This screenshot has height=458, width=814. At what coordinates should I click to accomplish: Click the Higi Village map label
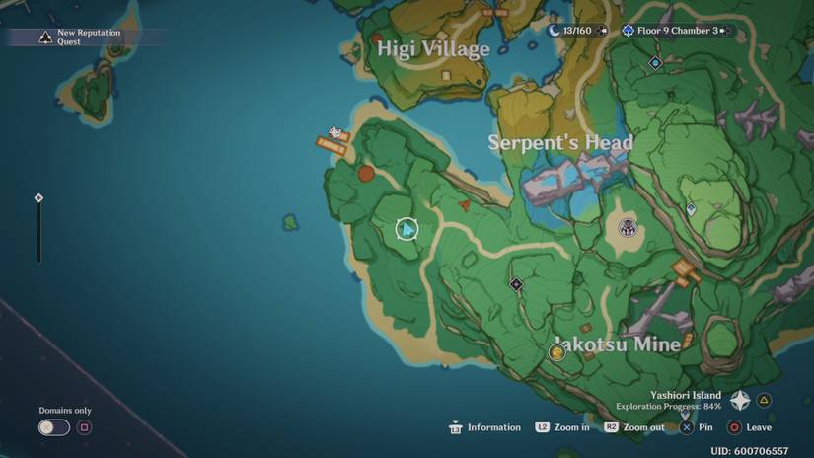pyautogui.click(x=433, y=48)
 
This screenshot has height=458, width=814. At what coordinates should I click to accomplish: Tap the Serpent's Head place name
pyautogui.click(x=559, y=142)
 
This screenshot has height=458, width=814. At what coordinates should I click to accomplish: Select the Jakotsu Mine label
pyautogui.click(x=617, y=343)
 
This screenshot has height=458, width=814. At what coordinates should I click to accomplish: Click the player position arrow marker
pyautogui.click(x=407, y=230)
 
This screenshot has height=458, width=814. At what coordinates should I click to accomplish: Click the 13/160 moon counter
pyautogui.click(x=570, y=31)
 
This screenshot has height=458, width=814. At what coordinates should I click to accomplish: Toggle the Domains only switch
pyautogui.click(x=53, y=427)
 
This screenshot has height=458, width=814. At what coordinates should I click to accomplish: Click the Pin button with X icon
pyautogui.click(x=697, y=427)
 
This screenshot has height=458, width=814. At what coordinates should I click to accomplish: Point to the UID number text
pyautogui.click(x=749, y=451)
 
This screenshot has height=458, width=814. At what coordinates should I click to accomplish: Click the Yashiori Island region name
pyautogui.click(x=685, y=395)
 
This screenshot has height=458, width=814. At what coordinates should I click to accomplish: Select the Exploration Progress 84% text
pyautogui.click(x=668, y=406)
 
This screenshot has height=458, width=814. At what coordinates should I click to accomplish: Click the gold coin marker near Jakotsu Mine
pyautogui.click(x=556, y=352)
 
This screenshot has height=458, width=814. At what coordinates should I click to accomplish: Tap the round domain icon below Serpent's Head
pyautogui.click(x=628, y=229)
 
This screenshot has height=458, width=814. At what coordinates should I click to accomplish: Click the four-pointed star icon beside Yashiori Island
pyautogui.click(x=740, y=400)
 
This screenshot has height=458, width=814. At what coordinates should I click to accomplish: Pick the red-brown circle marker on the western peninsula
pyautogui.click(x=366, y=174)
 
